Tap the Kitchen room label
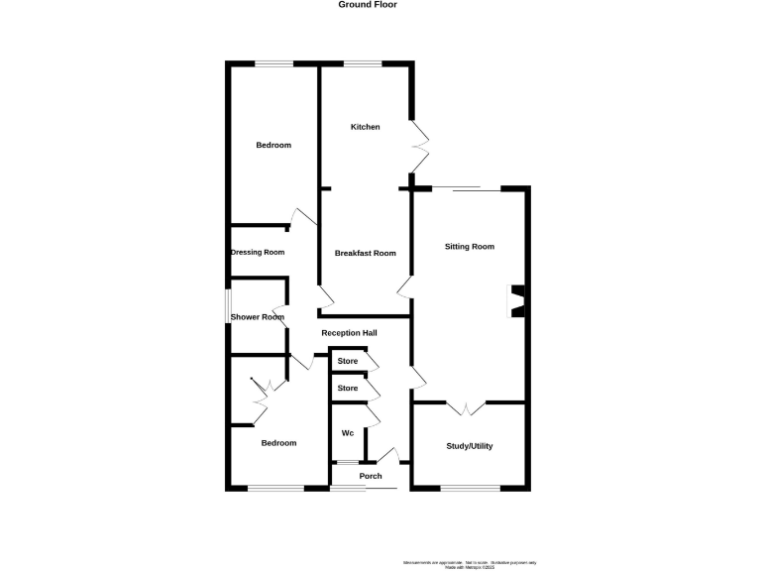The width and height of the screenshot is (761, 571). (365, 127)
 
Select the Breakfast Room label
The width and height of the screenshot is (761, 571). (365, 253)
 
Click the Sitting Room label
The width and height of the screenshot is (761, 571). (469, 246)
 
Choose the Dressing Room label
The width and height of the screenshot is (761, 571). (258, 252)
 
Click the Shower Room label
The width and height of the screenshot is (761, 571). (258, 317)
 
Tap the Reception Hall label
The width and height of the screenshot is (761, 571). (350, 332)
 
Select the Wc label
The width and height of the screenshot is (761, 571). (348, 433)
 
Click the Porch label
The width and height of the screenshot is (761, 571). (370, 476)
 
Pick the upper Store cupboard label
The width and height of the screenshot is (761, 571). (347, 361)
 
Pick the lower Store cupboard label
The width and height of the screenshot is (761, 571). (347, 388)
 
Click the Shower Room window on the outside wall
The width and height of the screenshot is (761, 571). (227, 319)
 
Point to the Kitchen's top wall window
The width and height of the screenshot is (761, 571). (364, 65)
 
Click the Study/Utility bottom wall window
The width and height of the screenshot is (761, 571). (470, 488)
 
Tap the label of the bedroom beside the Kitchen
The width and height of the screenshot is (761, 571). (273, 146)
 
